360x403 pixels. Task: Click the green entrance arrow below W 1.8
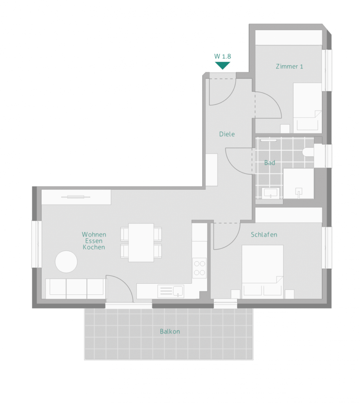(x=223, y=65)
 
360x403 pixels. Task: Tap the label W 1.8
(x=223, y=56)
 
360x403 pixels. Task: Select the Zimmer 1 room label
(x=289, y=66)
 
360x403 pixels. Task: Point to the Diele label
(x=227, y=134)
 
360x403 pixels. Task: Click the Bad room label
(x=270, y=163)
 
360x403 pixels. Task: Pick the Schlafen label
(x=264, y=235)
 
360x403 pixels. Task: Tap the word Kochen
(x=94, y=247)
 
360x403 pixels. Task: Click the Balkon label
(x=170, y=331)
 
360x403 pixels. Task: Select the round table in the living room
(x=66, y=262)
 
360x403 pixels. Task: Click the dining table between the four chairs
(x=141, y=242)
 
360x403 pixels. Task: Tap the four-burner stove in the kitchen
(x=200, y=268)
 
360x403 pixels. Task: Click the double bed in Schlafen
(x=263, y=272)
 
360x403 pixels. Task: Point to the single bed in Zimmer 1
(x=308, y=108)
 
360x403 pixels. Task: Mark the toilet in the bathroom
(x=308, y=152)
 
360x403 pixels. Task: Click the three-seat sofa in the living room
(x=76, y=288)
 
